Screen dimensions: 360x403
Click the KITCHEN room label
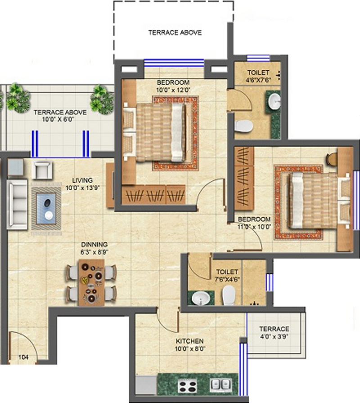click(x=190, y=341)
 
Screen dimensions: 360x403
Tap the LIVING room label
click(x=82, y=180)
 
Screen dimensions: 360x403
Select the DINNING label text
click(x=94, y=244)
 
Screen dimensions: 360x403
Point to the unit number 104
click(x=23, y=357)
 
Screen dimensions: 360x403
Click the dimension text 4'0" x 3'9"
click(x=274, y=336)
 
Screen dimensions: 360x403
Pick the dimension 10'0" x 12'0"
click(x=173, y=90)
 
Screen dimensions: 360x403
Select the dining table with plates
click(x=91, y=282)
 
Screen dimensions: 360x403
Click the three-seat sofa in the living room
click(x=18, y=205)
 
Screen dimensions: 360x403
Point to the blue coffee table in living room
click(x=46, y=208)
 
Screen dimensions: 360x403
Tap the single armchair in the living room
click(x=42, y=170)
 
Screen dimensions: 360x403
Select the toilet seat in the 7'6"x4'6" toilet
click(x=229, y=296)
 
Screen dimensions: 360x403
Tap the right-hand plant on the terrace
click(x=102, y=100)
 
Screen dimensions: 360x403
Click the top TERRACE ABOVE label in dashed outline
click(x=175, y=33)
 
